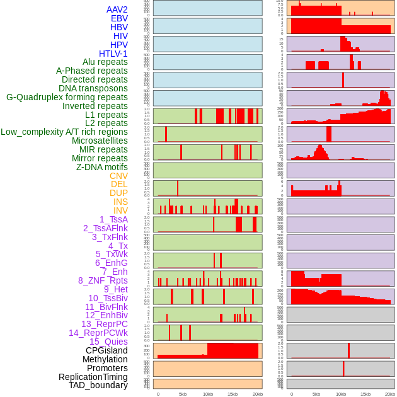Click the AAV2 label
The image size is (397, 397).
point(117,9)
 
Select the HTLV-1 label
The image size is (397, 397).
point(113,54)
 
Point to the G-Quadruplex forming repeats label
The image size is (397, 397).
point(67,97)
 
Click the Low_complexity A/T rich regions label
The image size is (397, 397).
point(64,132)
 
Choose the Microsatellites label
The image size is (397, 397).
point(100,141)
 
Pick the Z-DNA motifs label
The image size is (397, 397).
point(101,167)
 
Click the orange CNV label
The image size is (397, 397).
point(118,176)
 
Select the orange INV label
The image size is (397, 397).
point(120,210)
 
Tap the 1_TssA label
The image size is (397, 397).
point(113,219)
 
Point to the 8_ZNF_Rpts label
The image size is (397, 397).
point(103,280)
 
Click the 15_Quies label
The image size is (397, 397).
point(108,342)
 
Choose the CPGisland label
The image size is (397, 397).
point(106,350)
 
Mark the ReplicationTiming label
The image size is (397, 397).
point(93,377)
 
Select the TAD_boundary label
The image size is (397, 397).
point(98,385)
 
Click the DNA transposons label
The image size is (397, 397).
point(93,88)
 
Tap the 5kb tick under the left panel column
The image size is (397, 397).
point(183,394)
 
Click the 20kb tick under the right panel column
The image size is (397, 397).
point(390,394)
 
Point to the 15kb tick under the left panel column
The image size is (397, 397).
point(233,394)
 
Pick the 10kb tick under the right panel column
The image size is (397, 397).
point(341,394)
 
